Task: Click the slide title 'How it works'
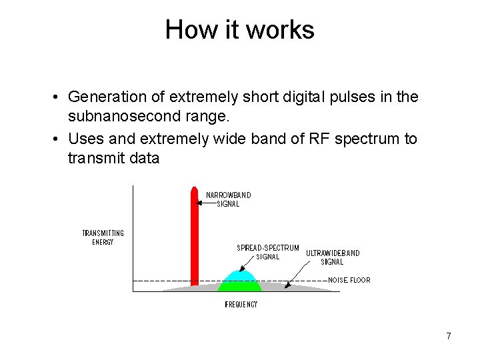click(239, 30)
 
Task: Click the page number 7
click(449, 336)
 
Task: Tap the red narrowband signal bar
click(195, 240)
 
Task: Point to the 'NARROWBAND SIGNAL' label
click(229, 199)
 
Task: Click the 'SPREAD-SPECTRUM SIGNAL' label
click(268, 252)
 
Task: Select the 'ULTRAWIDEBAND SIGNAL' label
click(333, 257)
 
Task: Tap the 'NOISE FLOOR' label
click(349, 280)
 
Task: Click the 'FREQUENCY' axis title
click(241, 305)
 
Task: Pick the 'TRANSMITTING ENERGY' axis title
click(103, 237)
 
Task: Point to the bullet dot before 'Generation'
click(57, 97)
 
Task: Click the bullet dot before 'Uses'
click(57, 139)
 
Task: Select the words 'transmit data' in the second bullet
click(113, 159)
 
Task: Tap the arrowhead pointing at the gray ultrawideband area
click(287, 286)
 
